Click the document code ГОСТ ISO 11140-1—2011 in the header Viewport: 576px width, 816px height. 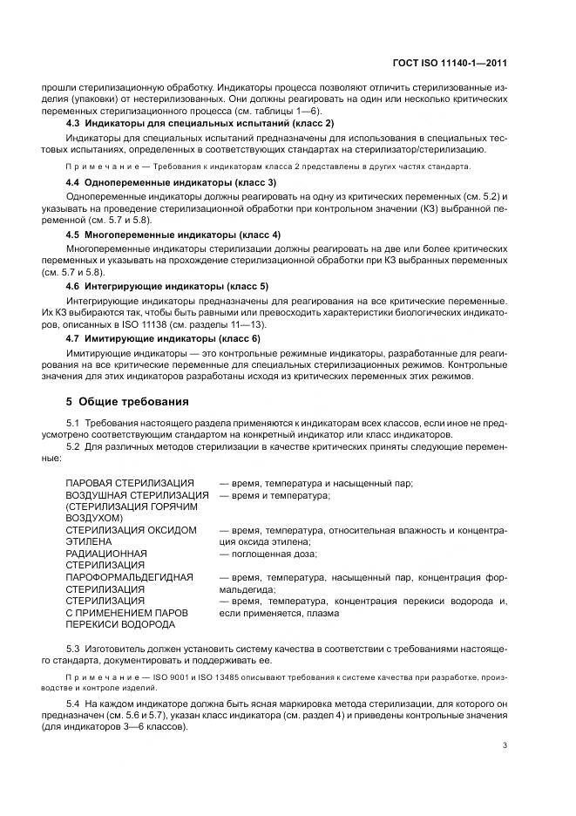click(454, 62)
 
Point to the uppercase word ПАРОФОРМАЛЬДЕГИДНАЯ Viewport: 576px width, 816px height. click(127, 576)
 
